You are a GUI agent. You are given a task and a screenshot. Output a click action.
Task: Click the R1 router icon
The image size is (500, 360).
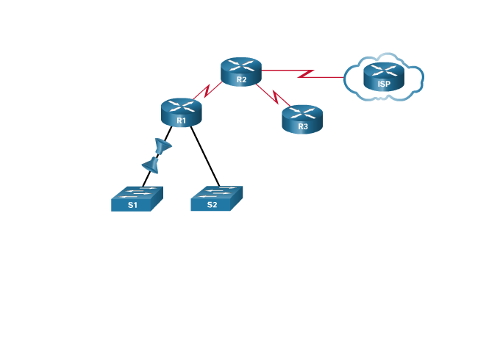pyautogui.click(x=181, y=112)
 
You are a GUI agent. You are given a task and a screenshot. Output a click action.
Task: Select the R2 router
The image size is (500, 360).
pyautogui.click(x=241, y=71)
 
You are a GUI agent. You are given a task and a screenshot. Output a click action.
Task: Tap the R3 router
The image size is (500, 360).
pyautogui.click(x=302, y=119)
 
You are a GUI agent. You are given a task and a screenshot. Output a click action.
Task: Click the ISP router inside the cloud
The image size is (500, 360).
pyautogui.click(x=384, y=76)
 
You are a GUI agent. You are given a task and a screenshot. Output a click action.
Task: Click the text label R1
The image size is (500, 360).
pyautogui.click(x=181, y=120)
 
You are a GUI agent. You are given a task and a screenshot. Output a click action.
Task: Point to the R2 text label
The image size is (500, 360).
pyautogui.click(x=241, y=79)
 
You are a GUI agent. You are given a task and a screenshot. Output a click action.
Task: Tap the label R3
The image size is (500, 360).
pyautogui.click(x=303, y=127)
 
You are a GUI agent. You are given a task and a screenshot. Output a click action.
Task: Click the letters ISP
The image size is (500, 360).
pyautogui.click(x=384, y=84)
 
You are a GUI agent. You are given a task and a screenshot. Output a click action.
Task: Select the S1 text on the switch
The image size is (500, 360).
pyautogui.click(x=132, y=205)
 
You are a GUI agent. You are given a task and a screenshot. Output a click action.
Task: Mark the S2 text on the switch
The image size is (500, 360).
pyautogui.click(x=212, y=205)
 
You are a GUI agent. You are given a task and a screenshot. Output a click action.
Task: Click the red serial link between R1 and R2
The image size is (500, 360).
pyautogui.click(x=209, y=92)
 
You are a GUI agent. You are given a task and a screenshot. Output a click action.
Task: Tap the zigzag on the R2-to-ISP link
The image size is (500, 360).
pyautogui.click(x=306, y=74)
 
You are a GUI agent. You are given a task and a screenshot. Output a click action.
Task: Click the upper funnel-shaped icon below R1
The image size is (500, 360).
pyautogui.click(x=162, y=147)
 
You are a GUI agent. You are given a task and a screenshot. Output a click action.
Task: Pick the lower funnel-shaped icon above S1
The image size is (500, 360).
pyautogui.click(x=151, y=165)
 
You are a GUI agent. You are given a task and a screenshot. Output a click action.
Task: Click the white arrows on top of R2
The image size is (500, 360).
pyautogui.click(x=241, y=65)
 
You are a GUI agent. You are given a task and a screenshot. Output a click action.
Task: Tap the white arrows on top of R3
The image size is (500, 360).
pyautogui.click(x=302, y=112)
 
